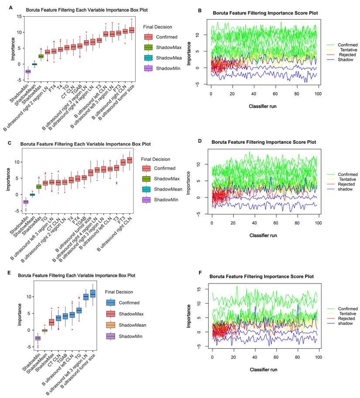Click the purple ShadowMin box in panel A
point(28,71)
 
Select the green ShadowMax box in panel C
point(38,187)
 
